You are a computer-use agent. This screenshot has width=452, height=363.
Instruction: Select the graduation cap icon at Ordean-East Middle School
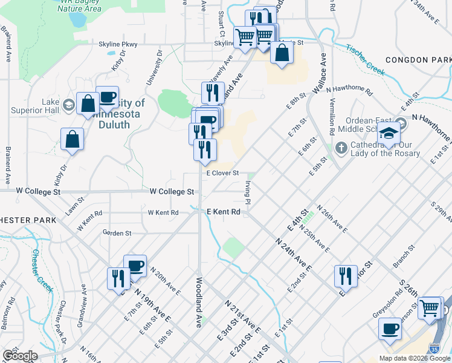390,135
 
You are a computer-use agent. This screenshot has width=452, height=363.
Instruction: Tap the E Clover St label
223,173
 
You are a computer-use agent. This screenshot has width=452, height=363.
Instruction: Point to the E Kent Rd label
224,212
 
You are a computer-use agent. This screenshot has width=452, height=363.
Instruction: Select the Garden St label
117,232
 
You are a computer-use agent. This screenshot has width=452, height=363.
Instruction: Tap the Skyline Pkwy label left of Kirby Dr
118,44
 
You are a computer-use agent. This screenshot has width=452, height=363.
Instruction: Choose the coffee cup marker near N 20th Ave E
135,266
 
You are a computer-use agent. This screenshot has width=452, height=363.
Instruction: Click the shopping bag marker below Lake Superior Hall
72,139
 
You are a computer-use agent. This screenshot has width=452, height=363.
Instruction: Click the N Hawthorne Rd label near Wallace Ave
349,90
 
